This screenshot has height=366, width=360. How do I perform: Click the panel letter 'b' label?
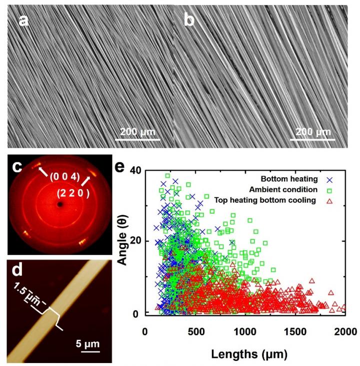pyautogui.click(x=188, y=21)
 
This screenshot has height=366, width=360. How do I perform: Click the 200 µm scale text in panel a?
pyautogui.click(x=138, y=133)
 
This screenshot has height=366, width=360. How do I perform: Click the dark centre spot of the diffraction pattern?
pyautogui.click(x=60, y=204)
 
